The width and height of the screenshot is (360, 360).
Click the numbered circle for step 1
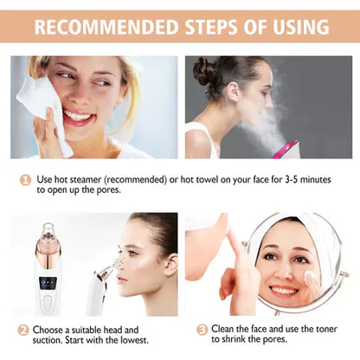tap(26, 179)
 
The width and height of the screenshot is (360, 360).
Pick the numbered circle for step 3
tap(202, 330)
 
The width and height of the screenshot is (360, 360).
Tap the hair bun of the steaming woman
tap(204, 69)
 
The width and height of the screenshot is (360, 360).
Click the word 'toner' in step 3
tap(317, 330)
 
